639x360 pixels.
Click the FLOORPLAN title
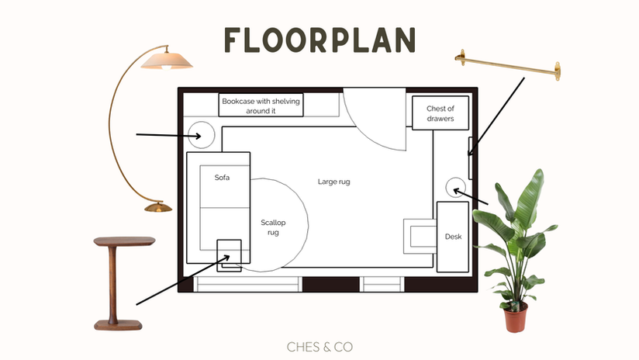pyautogui.click(x=319, y=40)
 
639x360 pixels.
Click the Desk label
pyautogui.click(x=453, y=237)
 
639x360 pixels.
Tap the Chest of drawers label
pyautogui.click(x=440, y=114)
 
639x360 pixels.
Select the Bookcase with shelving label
pyautogui.click(x=261, y=106)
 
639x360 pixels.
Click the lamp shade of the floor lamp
pyautogui.click(x=168, y=60)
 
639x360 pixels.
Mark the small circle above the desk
pyautogui.click(x=455, y=185)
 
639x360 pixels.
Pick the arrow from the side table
pyautogui.click(x=178, y=280)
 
